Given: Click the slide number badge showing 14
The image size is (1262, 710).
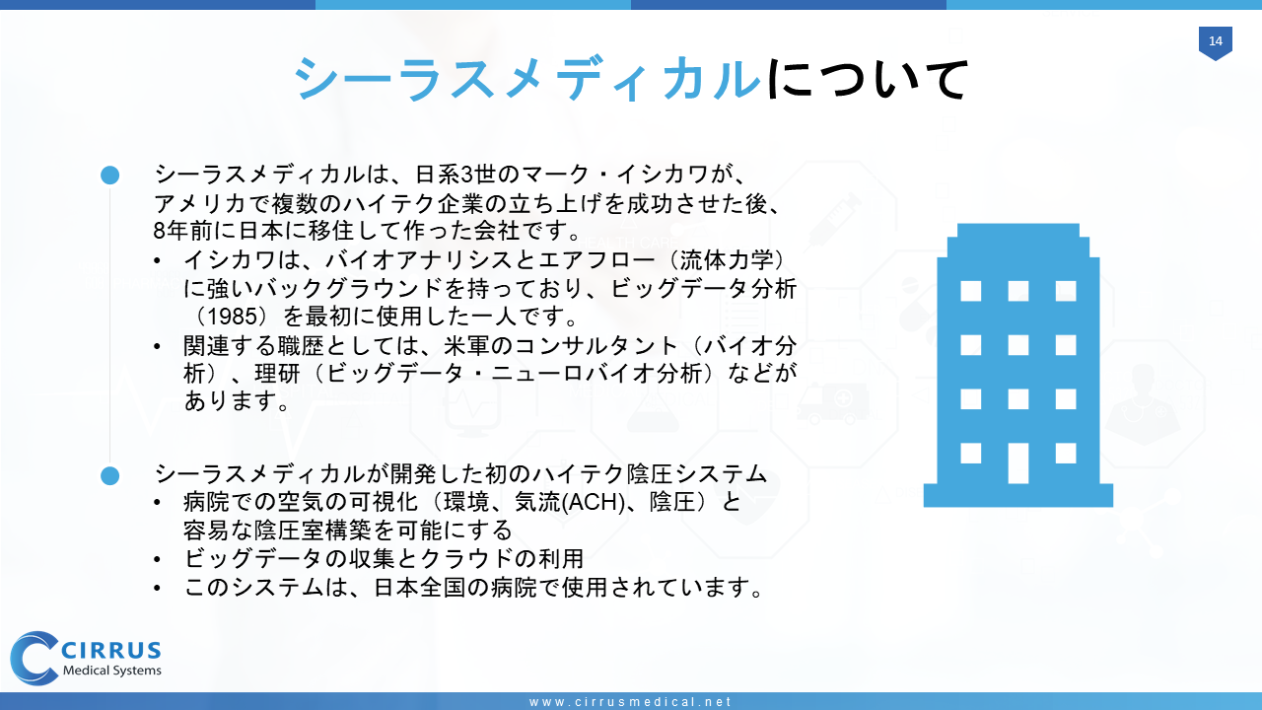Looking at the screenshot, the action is pyautogui.click(x=1216, y=42).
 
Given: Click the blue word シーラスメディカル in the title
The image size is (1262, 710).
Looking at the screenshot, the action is pyautogui.click(x=527, y=79).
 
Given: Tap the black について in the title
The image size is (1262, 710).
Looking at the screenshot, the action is pyautogui.click(x=867, y=79).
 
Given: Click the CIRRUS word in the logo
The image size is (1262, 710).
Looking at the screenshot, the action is pyautogui.click(x=111, y=651).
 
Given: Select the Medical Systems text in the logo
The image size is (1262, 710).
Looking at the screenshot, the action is pyautogui.click(x=112, y=671).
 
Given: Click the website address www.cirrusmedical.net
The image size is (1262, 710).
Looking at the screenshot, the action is pyautogui.click(x=630, y=702).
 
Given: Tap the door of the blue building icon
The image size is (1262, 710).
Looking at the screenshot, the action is pyautogui.click(x=1018, y=463).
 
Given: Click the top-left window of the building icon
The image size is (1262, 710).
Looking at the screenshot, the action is pyautogui.click(x=971, y=291).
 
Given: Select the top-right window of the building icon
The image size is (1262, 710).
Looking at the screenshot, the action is pyautogui.click(x=1066, y=291).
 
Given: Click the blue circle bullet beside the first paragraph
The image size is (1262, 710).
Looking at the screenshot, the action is pyautogui.click(x=109, y=176).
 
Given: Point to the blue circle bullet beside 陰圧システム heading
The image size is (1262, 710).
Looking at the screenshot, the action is pyautogui.click(x=109, y=475).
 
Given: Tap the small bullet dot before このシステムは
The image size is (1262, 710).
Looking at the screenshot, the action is pyautogui.click(x=157, y=589).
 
